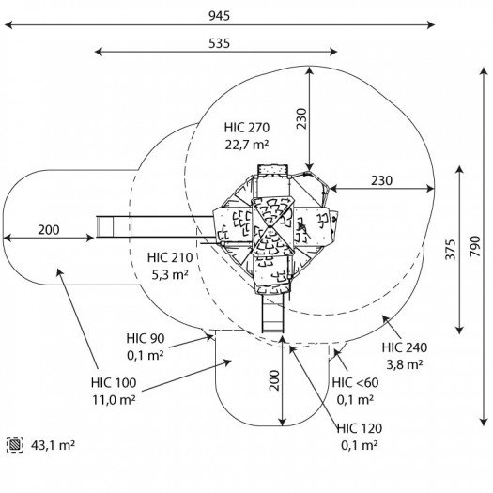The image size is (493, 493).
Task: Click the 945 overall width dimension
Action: click(x=220, y=16)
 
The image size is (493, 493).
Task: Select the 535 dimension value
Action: click(x=220, y=43)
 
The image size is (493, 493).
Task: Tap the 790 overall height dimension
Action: click(x=475, y=246)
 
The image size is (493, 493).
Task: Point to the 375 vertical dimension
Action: click(x=451, y=250)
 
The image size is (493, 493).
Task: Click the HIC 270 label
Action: click(x=247, y=128)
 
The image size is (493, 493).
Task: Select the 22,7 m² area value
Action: click(x=247, y=145)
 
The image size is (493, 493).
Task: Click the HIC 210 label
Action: click(x=170, y=257)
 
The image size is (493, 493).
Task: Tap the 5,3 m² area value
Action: click(x=170, y=275)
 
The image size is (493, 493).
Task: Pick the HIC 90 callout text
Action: click(x=146, y=338)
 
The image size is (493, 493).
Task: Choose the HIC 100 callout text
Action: click(x=114, y=382)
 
